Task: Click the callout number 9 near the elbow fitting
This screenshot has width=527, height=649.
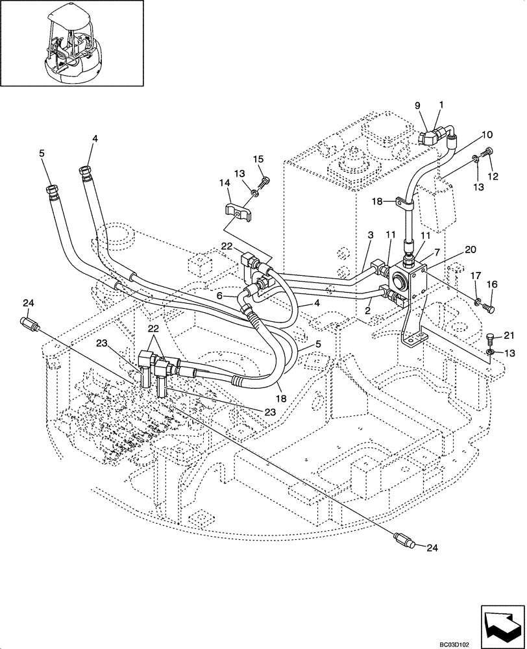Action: tap(418, 105)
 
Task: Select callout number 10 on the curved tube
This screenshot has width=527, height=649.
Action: tap(487, 134)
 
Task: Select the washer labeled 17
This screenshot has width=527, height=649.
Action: tap(477, 300)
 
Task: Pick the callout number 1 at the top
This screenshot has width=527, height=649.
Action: tap(441, 104)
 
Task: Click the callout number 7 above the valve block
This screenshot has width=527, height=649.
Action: tap(437, 251)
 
